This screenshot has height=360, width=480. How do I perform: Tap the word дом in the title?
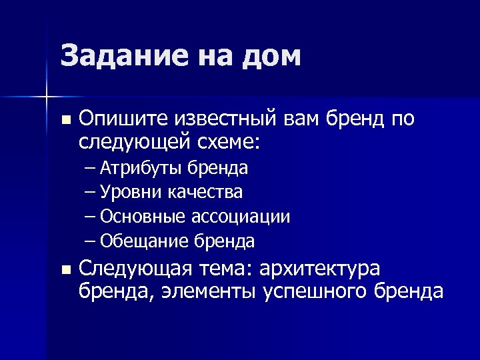coord(270,57)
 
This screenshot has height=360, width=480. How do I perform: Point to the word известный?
coord(224,119)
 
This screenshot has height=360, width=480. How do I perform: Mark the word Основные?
coord(144,217)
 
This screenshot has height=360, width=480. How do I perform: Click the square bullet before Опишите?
coord(65,121)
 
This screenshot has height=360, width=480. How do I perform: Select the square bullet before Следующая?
coord(65,270)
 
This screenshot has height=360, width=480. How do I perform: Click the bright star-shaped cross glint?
coord(47,97)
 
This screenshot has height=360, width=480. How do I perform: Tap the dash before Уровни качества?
coord(91,193)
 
